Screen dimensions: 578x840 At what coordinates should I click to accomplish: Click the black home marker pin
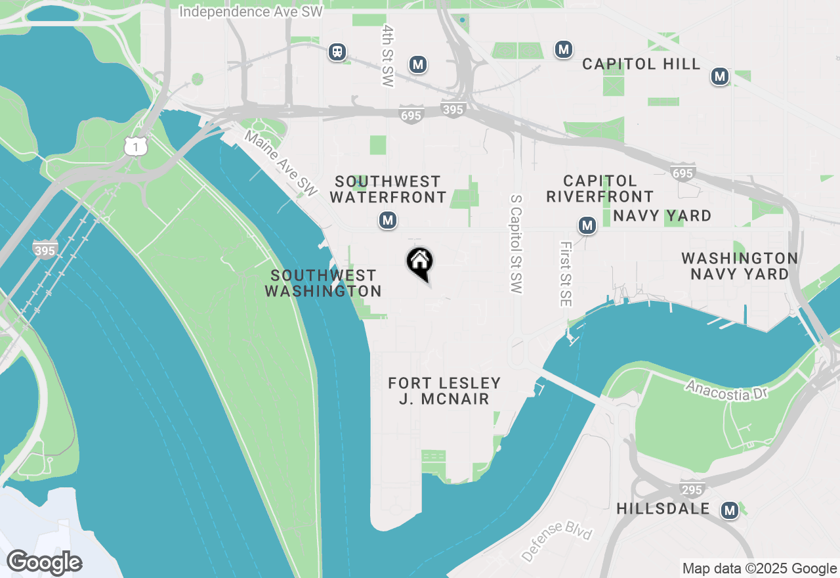click(x=420, y=263)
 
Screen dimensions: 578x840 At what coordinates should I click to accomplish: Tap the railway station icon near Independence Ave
click(x=337, y=51)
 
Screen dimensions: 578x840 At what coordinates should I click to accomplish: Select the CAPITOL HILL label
click(x=642, y=64)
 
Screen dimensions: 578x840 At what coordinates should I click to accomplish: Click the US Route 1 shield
click(x=135, y=147)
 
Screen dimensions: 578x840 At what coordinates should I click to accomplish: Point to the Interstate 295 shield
click(x=692, y=489)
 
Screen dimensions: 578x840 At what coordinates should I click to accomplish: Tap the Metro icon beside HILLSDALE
click(x=729, y=510)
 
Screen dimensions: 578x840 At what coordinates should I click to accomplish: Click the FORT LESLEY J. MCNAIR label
click(x=444, y=391)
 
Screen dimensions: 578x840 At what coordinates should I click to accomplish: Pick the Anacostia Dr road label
click(x=726, y=388)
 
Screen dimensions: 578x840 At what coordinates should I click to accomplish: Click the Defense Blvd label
click(x=557, y=541)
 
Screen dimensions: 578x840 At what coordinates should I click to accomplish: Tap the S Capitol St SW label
click(x=516, y=244)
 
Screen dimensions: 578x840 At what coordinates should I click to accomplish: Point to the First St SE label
click(x=566, y=274)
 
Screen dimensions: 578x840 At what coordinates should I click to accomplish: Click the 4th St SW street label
click(x=388, y=56)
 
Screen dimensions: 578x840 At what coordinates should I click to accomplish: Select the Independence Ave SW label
click(x=251, y=12)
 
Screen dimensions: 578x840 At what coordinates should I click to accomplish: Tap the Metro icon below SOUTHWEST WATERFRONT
click(x=388, y=220)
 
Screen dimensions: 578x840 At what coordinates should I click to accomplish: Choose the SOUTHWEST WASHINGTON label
click(x=323, y=283)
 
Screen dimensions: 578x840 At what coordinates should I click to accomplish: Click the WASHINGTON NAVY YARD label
click(x=740, y=266)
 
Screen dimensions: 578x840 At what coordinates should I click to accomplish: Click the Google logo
click(x=45, y=563)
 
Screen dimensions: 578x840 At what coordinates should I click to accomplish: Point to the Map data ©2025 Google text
click(x=759, y=569)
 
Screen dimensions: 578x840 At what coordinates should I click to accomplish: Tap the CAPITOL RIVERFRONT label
click(x=600, y=189)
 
